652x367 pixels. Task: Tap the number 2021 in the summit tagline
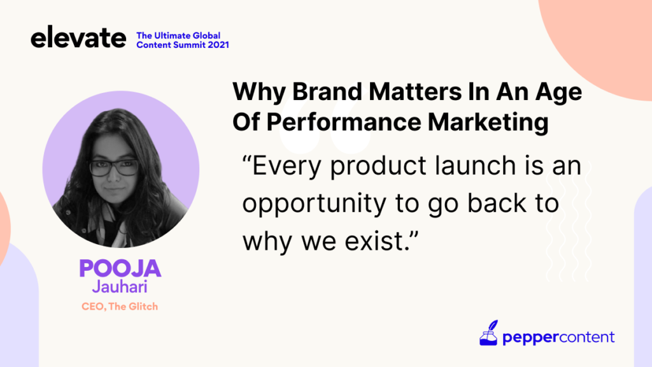pos(218,45)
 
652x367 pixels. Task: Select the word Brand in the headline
pos(327,92)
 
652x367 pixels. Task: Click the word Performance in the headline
pos(344,122)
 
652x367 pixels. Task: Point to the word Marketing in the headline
pos(488,123)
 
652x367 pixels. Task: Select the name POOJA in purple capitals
pos(120,268)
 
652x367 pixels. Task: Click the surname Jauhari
pos(120,287)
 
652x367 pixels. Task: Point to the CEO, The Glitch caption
pos(120,306)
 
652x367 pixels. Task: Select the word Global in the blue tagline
pos(206,36)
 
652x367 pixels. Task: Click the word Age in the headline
pos(559,92)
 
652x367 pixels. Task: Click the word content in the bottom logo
pos(586,336)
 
